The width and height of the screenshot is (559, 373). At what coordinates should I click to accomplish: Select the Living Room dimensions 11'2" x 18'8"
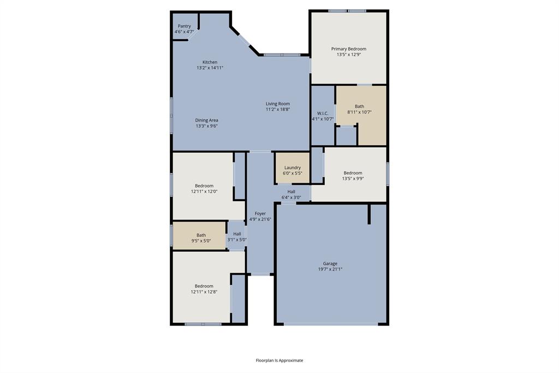[277, 109]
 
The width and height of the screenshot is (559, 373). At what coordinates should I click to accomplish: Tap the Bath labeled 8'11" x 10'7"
[359, 109]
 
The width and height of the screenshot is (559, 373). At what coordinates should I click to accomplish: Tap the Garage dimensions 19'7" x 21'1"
[330, 269]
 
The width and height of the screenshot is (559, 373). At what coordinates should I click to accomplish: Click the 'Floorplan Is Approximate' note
[279, 360]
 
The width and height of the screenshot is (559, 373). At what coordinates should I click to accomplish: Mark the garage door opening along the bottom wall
[331, 324]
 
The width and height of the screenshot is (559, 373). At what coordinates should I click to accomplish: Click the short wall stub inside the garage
[370, 214]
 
